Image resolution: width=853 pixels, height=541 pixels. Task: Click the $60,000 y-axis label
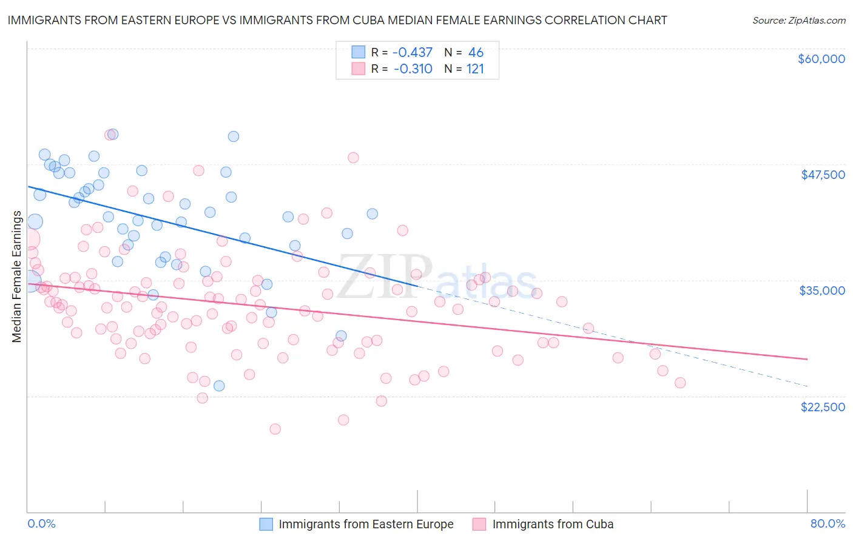[x=821, y=59]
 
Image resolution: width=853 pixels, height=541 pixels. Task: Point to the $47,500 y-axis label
[x=823, y=175]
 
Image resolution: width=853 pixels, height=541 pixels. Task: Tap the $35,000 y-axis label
[x=822, y=291]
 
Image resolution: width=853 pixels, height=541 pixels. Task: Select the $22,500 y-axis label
[x=823, y=407]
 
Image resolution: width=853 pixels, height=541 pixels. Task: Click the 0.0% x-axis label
[x=41, y=523]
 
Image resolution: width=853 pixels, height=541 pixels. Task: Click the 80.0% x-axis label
[x=828, y=523]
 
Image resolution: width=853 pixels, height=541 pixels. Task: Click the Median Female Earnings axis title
[x=17, y=277]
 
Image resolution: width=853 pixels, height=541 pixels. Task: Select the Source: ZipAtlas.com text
[x=798, y=21]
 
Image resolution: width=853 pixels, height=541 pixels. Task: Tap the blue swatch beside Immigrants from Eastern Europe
[x=266, y=524]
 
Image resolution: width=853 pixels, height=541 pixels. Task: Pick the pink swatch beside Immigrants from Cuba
[x=480, y=524]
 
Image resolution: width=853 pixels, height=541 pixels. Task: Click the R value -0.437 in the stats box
[x=413, y=53]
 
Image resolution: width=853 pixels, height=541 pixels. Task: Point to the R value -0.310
[x=413, y=69]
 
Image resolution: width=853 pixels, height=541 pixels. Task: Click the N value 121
[x=475, y=69]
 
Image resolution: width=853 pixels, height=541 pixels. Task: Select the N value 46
[x=476, y=53]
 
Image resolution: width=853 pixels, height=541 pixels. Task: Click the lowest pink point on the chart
[x=275, y=429]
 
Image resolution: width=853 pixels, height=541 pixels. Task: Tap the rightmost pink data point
[x=680, y=383]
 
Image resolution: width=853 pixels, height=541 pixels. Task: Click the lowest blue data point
[x=219, y=386]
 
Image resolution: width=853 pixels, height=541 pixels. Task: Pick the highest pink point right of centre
[x=402, y=230]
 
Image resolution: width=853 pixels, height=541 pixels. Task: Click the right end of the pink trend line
[x=807, y=359]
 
